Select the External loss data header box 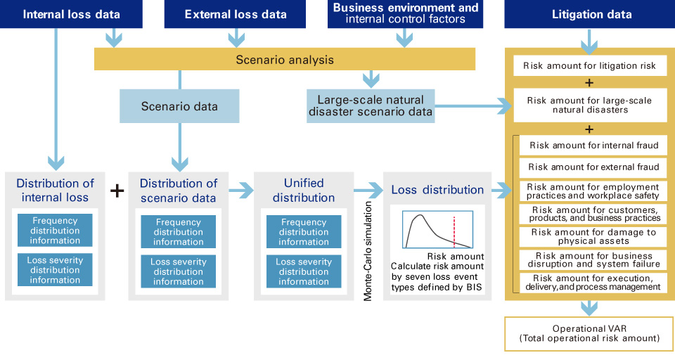(x=236, y=14)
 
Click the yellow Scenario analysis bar (x=285, y=60)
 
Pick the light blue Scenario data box (x=179, y=107)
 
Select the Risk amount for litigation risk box (x=589, y=66)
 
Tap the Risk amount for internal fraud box (x=593, y=146)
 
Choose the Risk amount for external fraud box (x=593, y=167)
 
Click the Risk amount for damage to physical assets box (x=593, y=237)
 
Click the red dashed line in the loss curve (x=454, y=231)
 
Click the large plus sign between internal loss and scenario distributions (x=117, y=191)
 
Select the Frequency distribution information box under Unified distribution (x=303, y=231)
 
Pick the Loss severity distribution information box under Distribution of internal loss (x=55, y=270)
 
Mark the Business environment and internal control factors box (x=405, y=14)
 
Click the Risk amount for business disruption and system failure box (x=593, y=260)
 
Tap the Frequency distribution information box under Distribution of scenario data (x=178, y=231)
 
